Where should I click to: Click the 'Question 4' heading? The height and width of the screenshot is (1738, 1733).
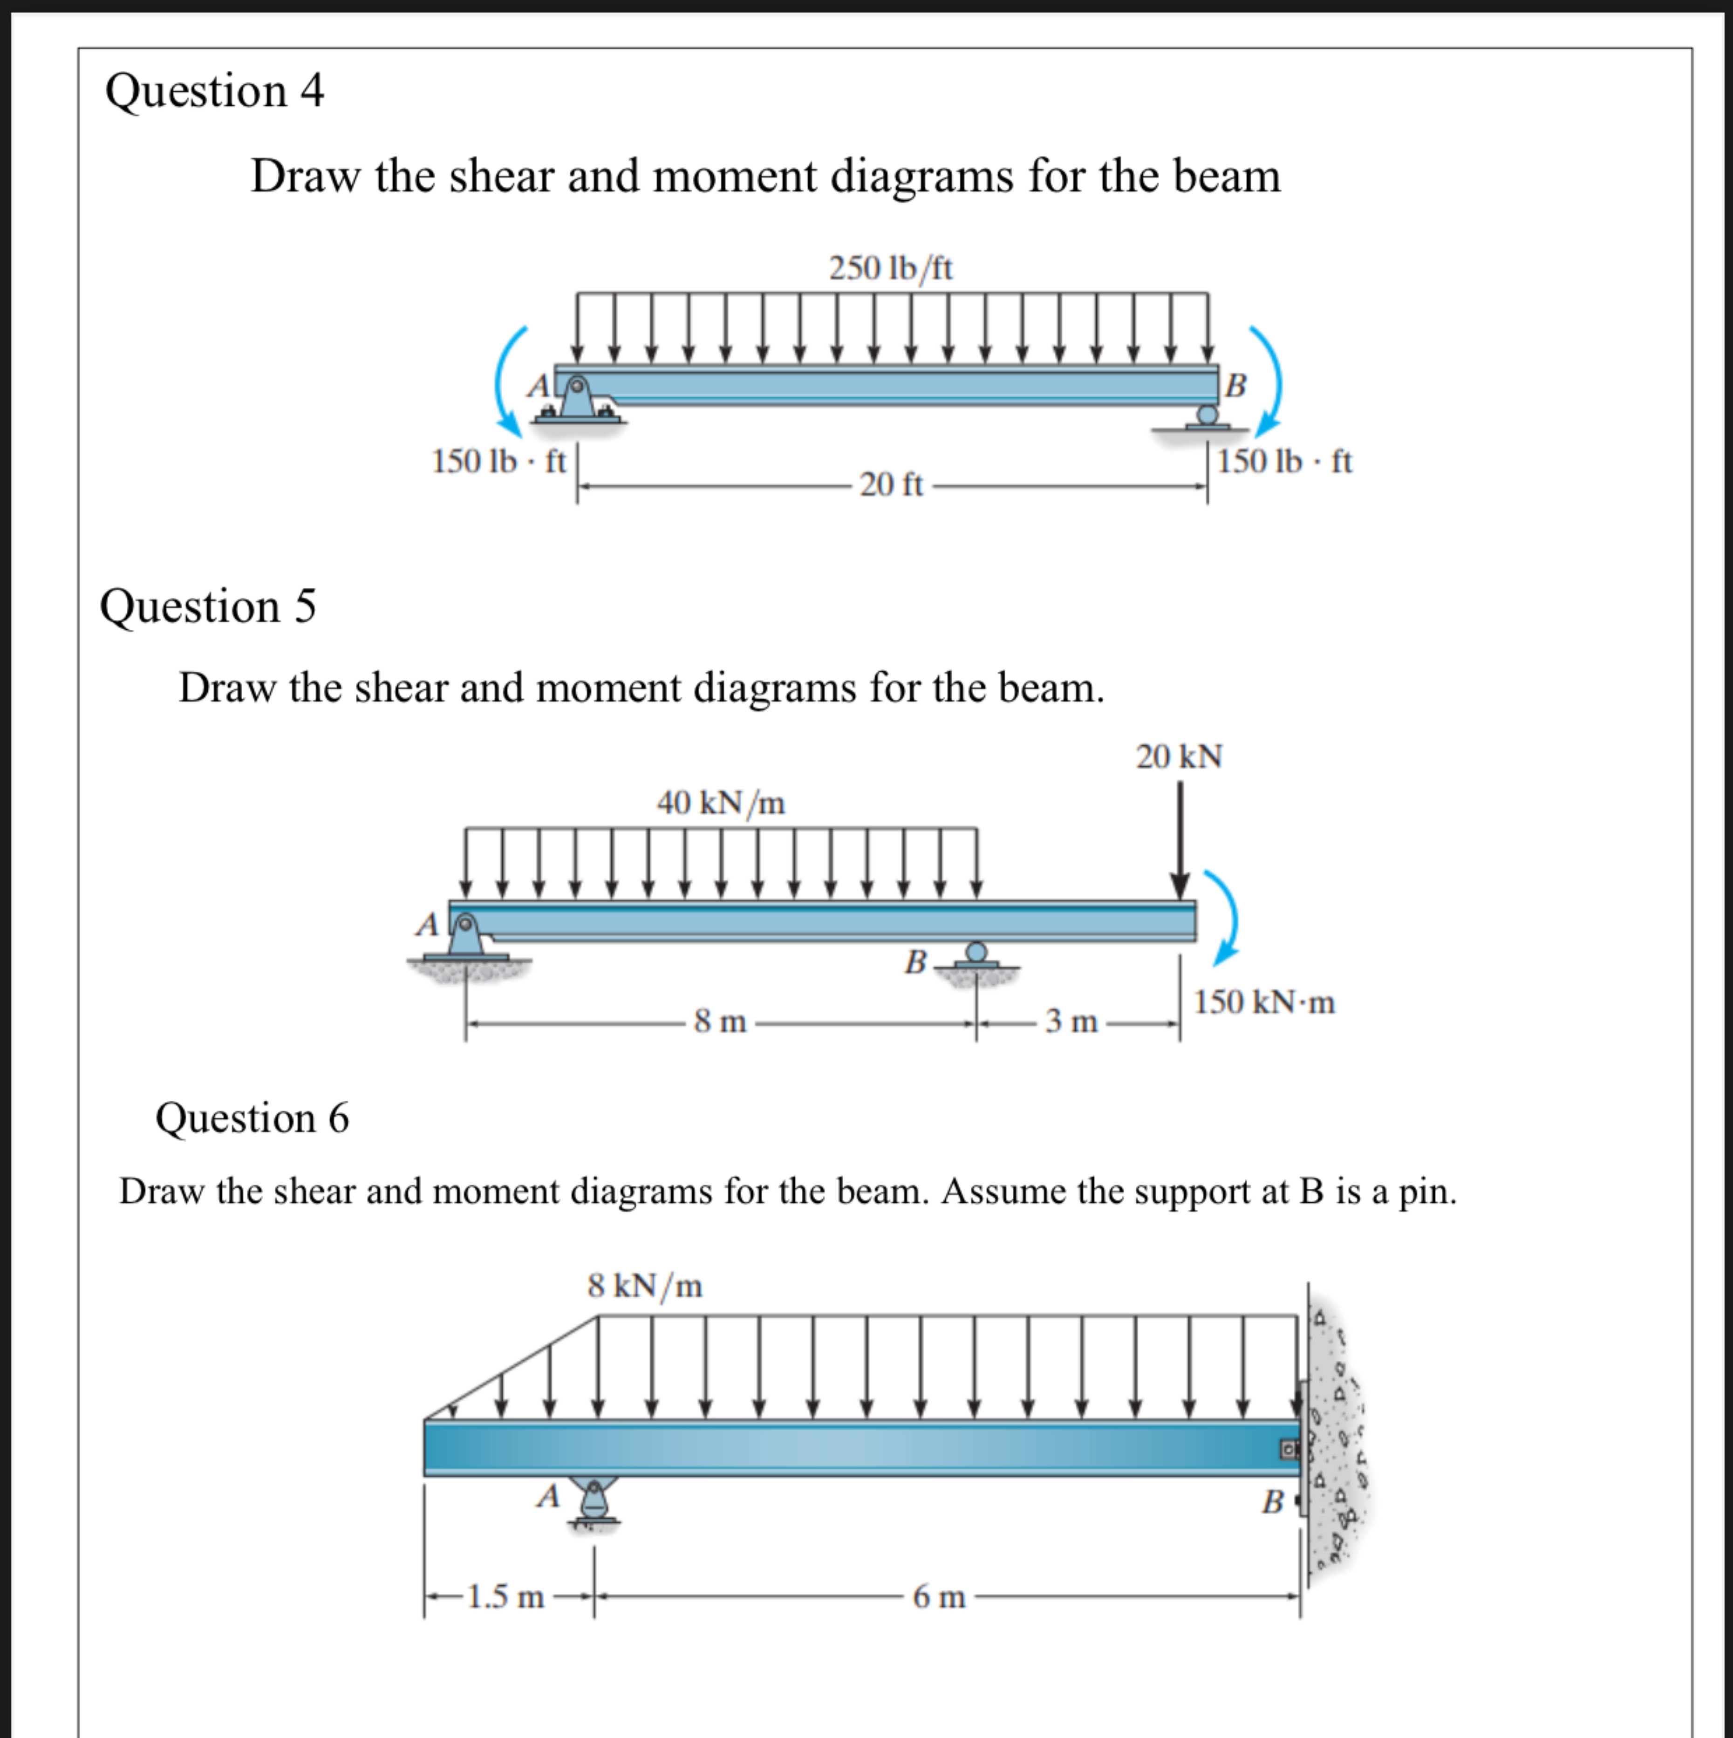tap(214, 91)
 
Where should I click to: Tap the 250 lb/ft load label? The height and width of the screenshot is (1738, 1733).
tap(891, 268)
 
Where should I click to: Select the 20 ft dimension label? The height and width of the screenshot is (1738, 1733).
tap(891, 485)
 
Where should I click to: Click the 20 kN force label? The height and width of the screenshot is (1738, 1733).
tap(1179, 757)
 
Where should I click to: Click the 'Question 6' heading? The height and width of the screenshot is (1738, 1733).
tap(252, 1118)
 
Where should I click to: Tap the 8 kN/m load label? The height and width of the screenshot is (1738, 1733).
tap(645, 1286)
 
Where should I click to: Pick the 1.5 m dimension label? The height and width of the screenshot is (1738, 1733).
tap(505, 1597)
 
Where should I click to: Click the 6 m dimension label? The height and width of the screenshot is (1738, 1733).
tap(939, 1597)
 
